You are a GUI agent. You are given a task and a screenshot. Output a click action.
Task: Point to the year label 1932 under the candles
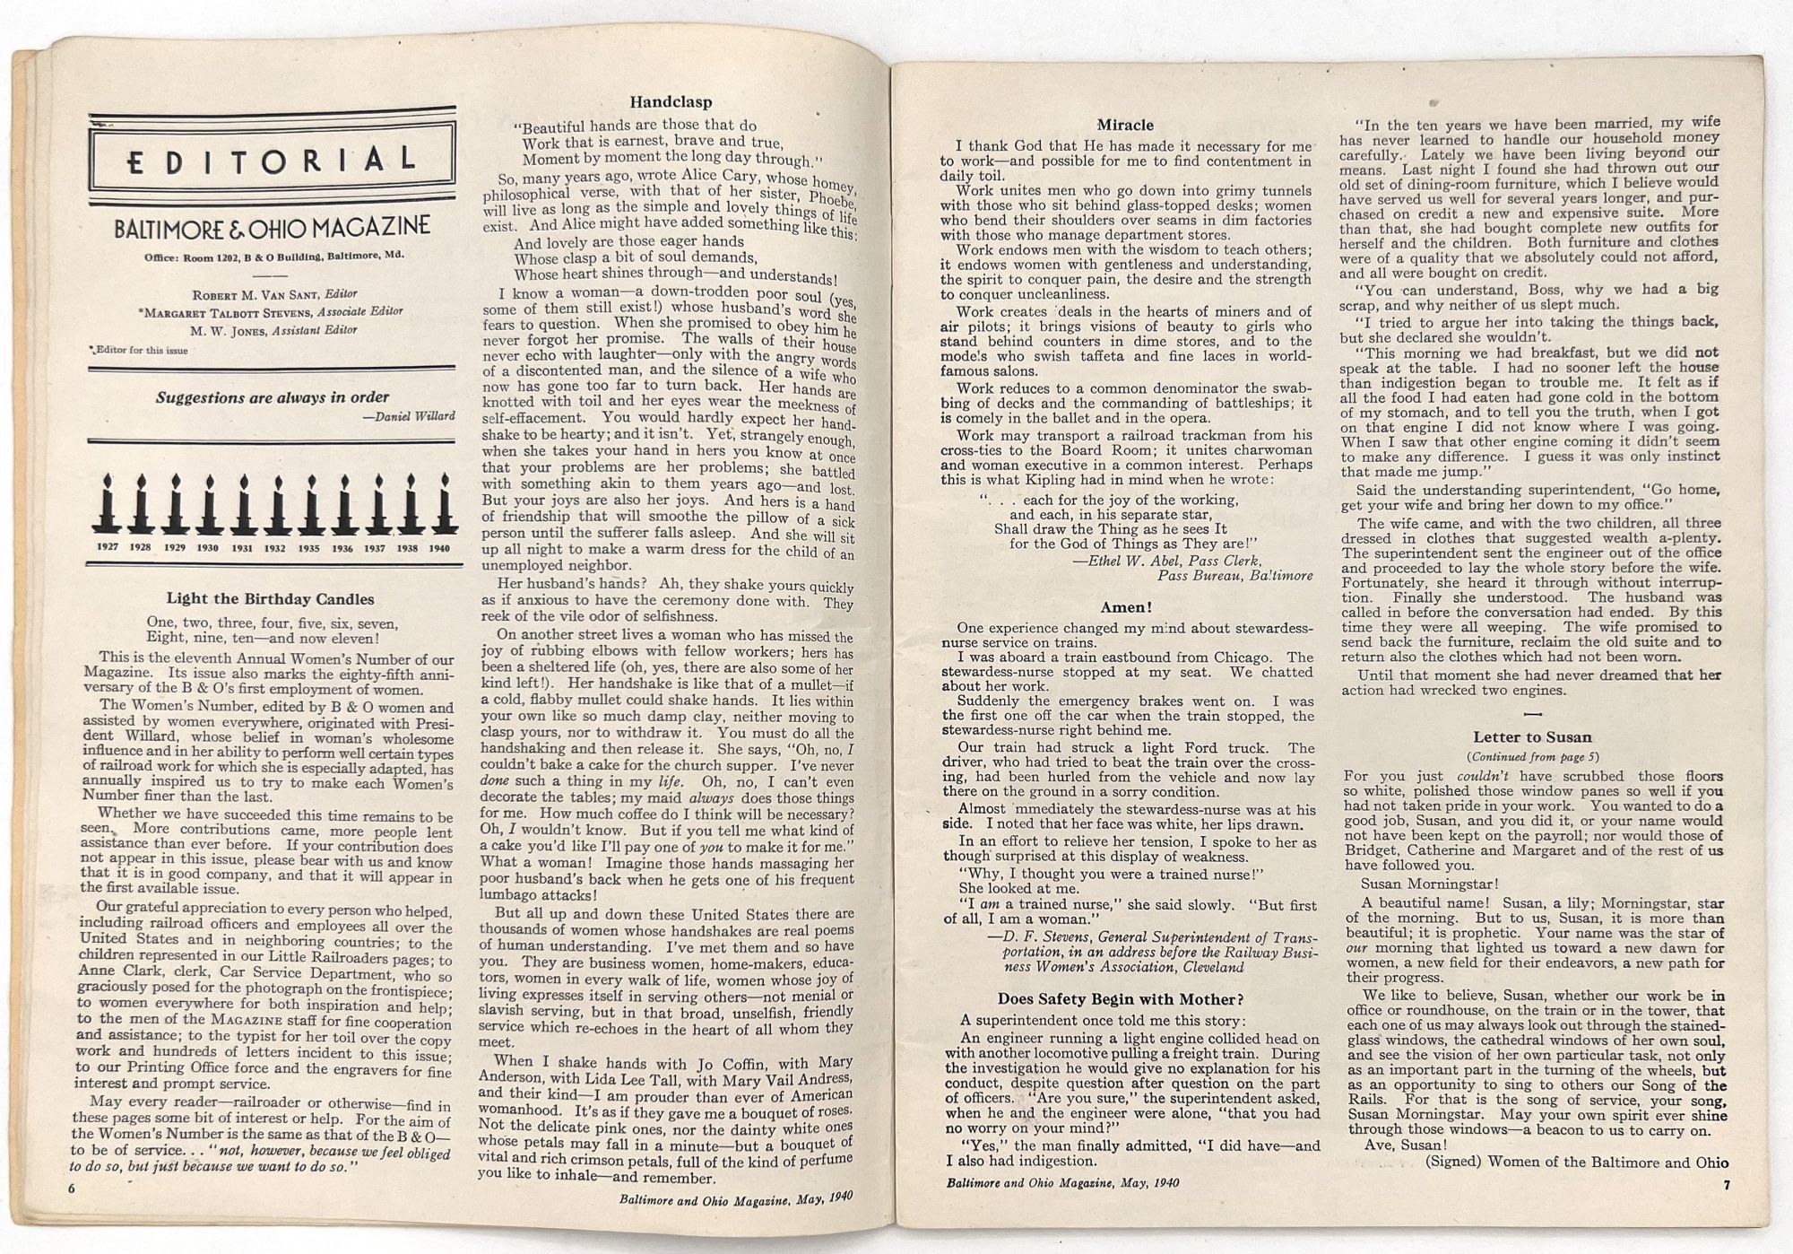[x=274, y=548]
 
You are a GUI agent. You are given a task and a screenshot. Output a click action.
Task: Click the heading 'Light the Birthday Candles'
[x=270, y=599]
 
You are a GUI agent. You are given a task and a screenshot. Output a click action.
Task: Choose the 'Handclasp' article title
[x=671, y=102]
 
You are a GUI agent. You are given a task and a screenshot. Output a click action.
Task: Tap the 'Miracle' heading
[x=1125, y=125]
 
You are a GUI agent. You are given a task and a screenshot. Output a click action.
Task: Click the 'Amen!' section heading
[x=1126, y=607]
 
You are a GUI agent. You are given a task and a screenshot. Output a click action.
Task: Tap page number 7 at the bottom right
[x=1726, y=1184]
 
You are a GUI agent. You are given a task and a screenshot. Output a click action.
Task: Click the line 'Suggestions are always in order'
[x=273, y=397]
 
